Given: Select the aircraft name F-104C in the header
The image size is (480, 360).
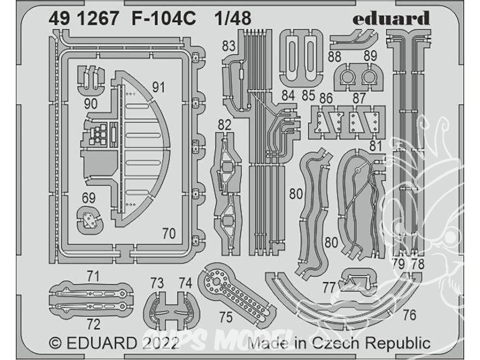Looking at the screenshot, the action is (164, 19).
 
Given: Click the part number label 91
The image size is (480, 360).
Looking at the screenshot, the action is (158, 87).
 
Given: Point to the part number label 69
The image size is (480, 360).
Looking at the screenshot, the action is (89, 198).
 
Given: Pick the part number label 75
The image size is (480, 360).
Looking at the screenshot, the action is (226, 317).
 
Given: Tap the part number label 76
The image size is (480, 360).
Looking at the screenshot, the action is (409, 315).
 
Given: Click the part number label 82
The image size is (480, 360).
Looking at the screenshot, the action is (225, 125).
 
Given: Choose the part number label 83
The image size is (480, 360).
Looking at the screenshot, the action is (228, 46).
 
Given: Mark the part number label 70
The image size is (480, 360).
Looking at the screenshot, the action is (169, 234).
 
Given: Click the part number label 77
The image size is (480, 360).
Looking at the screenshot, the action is (329, 288).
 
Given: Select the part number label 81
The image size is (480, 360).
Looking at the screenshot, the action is (376, 146).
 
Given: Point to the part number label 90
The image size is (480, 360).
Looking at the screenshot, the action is (91, 104).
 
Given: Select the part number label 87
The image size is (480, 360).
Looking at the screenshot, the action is (359, 98).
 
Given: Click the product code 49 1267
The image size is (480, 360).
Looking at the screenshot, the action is (83, 19).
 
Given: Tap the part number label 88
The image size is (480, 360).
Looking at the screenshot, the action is (334, 57).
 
